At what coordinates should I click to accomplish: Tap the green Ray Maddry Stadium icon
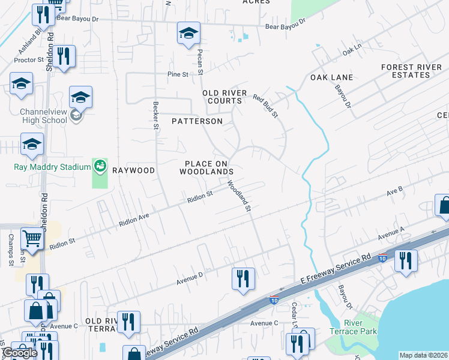click(100, 166)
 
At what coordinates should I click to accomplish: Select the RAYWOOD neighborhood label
click(131, 170)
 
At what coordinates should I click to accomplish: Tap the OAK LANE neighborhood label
click(331, 78)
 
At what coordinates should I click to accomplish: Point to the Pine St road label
click(178, 74)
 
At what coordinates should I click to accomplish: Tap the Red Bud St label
click(265, 106)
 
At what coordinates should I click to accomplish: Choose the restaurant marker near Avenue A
click(406, 260)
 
